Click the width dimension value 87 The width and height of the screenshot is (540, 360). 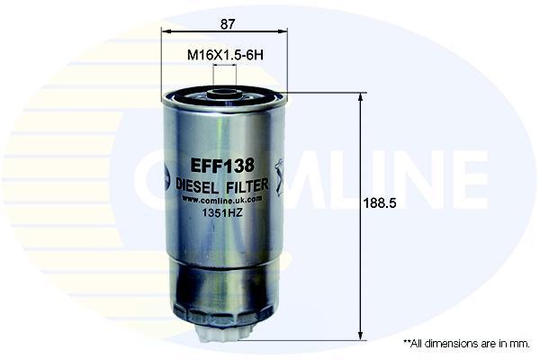pos(228,23)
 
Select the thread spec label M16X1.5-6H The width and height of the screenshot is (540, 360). pos(225,55)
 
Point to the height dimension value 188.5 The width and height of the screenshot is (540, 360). pos(380,203)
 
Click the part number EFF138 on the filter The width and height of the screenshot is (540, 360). pos(222,166)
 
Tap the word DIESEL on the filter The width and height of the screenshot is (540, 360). pos(197,186)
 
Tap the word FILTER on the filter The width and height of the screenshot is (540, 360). pos(247,185)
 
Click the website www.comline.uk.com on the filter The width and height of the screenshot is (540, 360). pos(222,200)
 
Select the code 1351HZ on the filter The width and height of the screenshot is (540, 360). pos(222,213)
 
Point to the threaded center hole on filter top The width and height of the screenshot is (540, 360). pos(224,93)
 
